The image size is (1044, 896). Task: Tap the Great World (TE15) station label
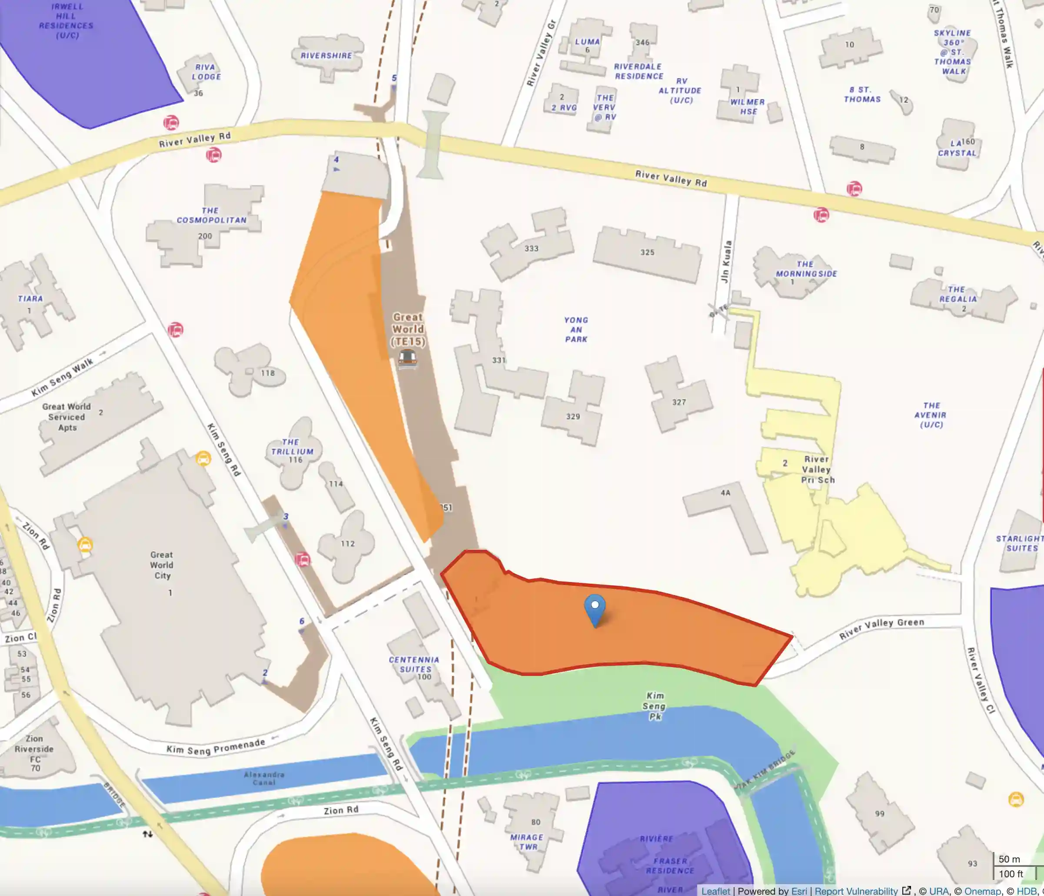[408, 329]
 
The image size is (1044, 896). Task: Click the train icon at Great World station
[408, 358]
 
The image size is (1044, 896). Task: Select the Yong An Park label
[576, 330]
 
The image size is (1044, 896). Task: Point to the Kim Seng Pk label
[655, 706]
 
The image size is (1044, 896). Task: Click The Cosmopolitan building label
[211, 215]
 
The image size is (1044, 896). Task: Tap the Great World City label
[162, 565]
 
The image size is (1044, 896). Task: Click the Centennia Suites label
[414, 664]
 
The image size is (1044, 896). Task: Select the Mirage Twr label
[527, 842]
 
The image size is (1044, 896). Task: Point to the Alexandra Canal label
[264, 778]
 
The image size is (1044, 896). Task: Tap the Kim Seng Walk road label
[63, 377]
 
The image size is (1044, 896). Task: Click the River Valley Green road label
[881, 628]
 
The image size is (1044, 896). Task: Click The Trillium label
[292, 447]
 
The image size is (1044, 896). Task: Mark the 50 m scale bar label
[1009, 859]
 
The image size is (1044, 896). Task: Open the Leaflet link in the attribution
[715, 891]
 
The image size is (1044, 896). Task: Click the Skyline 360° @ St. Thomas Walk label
[952, 52]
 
